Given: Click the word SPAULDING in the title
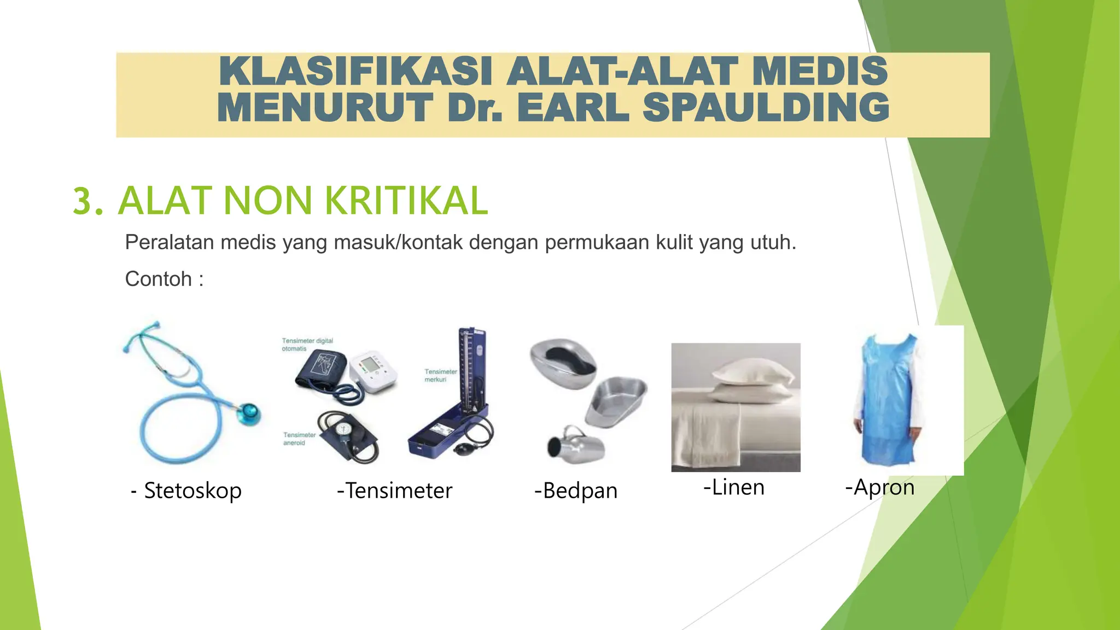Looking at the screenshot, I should (766, 108).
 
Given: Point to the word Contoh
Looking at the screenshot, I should (158, 279).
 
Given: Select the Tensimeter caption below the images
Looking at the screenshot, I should (395, 491).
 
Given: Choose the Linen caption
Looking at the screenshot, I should (734, 487).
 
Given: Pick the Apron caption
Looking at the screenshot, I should (880, 487).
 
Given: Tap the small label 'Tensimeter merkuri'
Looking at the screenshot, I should (440, 376).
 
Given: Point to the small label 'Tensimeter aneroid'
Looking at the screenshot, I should (299, 439).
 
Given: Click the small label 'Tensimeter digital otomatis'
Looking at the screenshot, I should (307, 345).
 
